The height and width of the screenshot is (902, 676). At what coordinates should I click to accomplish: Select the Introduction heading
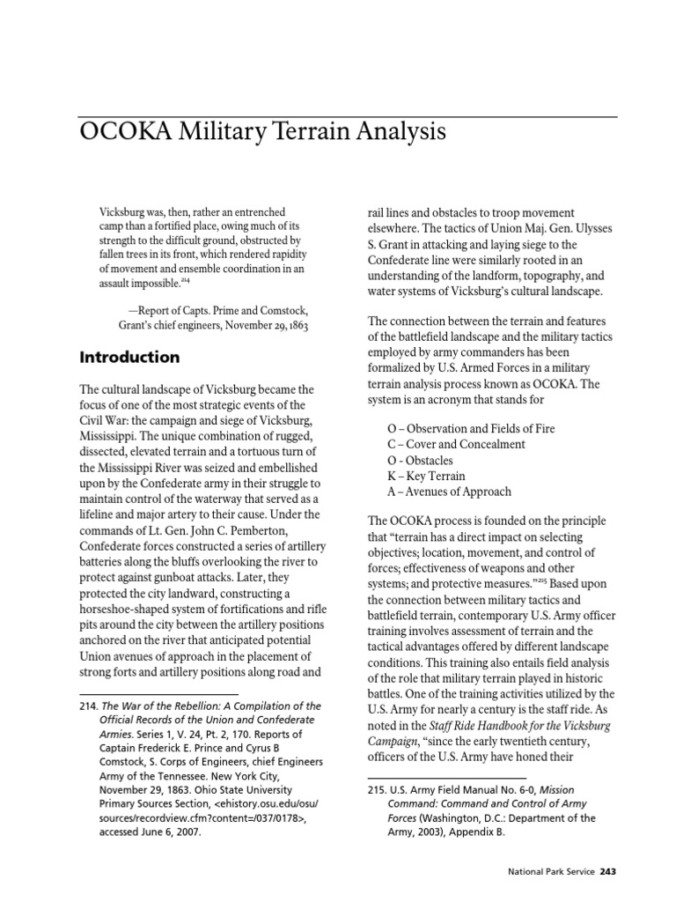point(129,358)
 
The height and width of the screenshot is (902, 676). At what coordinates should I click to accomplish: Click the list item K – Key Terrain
point(430,476)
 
